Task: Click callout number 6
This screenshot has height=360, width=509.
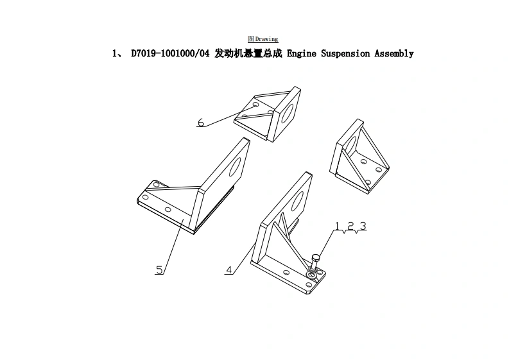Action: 201,122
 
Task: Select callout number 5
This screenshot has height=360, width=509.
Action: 159,270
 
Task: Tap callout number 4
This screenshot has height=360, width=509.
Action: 229,270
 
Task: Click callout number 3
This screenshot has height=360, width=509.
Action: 363,226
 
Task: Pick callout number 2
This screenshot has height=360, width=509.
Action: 350,226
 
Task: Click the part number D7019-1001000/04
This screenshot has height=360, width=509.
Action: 170,54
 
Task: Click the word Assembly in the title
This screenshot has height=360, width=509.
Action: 395,54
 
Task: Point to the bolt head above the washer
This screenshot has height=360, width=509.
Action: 315,258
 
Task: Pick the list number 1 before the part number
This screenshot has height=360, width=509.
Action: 115,54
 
